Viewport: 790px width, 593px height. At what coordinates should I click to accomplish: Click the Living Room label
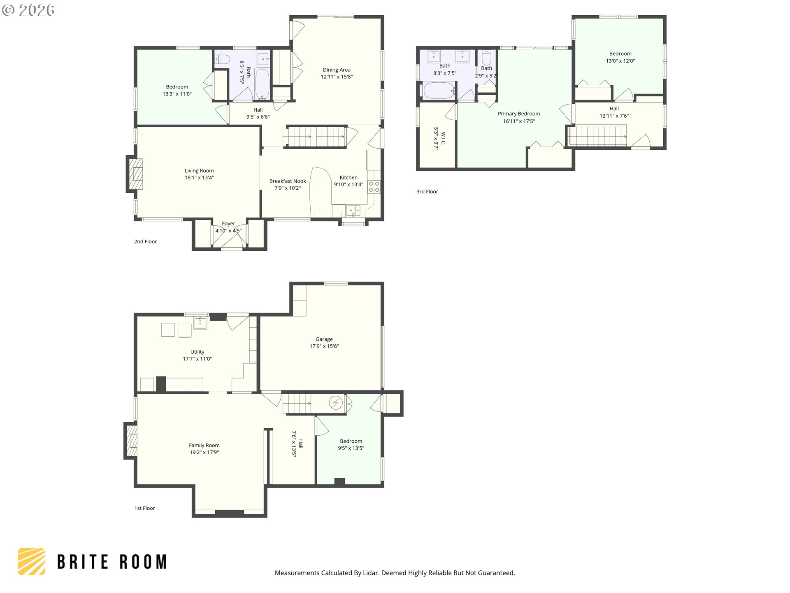click(x=199, y=170)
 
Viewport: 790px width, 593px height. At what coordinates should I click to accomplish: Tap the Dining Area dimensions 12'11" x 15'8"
click(x=337, y=77)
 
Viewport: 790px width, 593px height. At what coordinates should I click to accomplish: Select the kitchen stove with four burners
click(x=374, y=187)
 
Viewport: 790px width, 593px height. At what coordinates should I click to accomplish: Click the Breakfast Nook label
click(x=288, y=181)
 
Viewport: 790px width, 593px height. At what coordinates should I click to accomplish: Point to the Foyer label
click(x=228, y=224)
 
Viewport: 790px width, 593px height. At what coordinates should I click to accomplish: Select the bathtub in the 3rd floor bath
click(x=439, y=91)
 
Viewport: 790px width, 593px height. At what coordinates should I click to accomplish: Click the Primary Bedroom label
click(x=518, y=114)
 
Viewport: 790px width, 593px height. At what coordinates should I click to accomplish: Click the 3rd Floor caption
click(x=427, y=191)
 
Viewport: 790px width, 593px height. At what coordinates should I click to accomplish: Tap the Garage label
click(x=324, y=339)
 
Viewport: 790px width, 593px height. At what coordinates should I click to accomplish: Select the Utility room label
click(x=197, y=352)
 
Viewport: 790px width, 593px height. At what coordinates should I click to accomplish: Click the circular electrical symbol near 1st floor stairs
click(x=336, y=402)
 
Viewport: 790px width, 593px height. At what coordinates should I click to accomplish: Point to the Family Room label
click(x=204, y=446)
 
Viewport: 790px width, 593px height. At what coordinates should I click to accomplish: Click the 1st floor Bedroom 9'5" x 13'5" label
click(x=351, y=441)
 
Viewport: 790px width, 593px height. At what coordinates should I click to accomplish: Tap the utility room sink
click(x=200, y=323)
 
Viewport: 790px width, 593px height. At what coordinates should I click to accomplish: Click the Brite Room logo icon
click(x=32, y=561)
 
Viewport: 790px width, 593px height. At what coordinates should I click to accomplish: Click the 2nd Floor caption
click(x=145, y=242)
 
